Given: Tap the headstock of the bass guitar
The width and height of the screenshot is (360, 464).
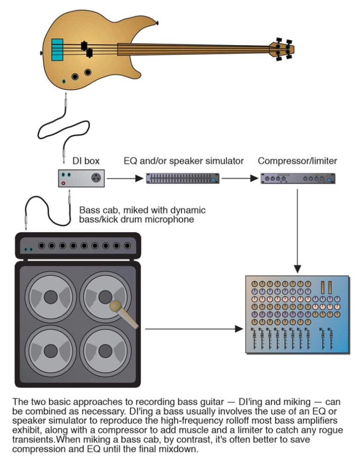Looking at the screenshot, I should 282,48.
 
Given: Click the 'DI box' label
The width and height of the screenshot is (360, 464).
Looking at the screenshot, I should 86,161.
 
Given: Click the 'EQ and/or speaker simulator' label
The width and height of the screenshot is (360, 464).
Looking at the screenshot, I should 184,161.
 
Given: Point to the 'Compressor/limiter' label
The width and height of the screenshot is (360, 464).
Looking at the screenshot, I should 297,161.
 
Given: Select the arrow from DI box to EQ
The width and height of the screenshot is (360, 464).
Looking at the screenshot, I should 124,178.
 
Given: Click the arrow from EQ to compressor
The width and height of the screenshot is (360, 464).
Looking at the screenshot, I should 239,178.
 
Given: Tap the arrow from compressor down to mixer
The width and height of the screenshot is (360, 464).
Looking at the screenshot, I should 297,230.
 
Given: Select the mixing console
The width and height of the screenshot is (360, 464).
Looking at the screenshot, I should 297,314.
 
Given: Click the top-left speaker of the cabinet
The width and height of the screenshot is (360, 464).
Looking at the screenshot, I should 51,296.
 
